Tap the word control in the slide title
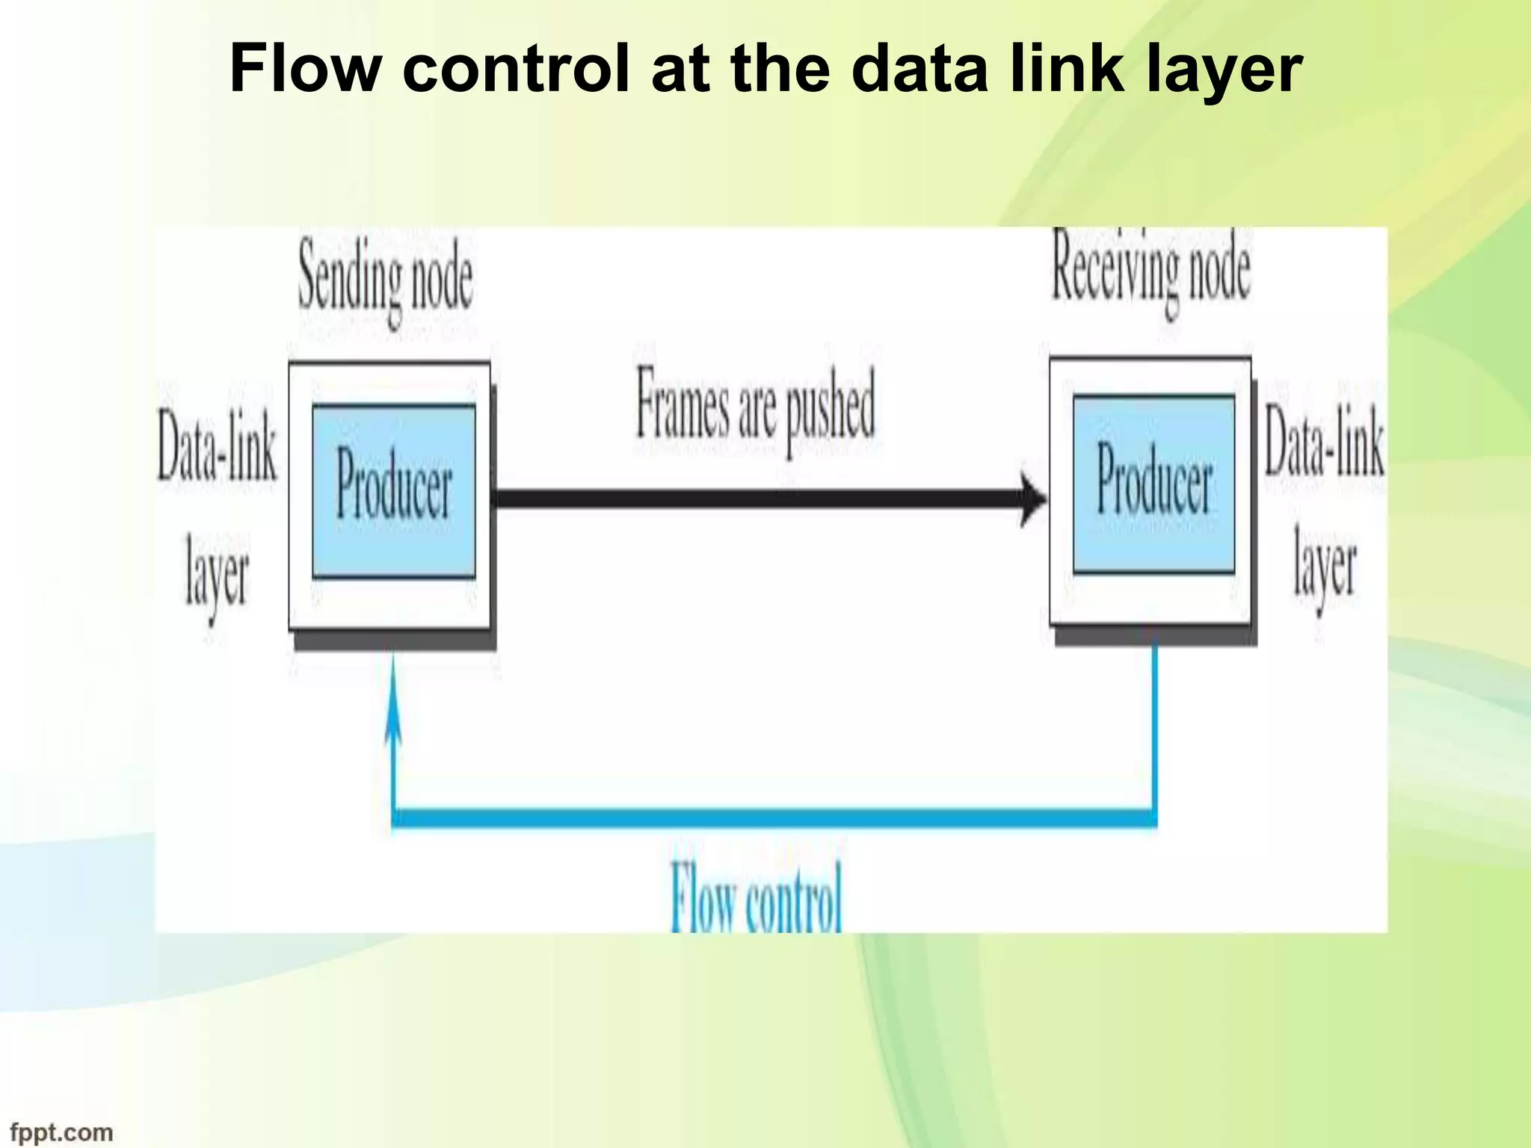(x=516, y=69)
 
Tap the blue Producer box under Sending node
(x=393, y=491)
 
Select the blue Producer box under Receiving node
(x=1153, y=485)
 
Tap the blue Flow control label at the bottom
(x=756, y=897)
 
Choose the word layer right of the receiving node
(x=1325, y=568)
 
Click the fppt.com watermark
(x=61, y=1132)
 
